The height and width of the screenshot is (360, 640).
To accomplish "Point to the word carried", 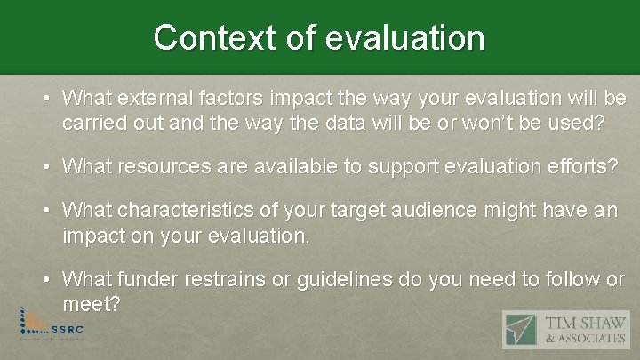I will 92,122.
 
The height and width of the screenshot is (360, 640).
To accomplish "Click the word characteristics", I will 200,211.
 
